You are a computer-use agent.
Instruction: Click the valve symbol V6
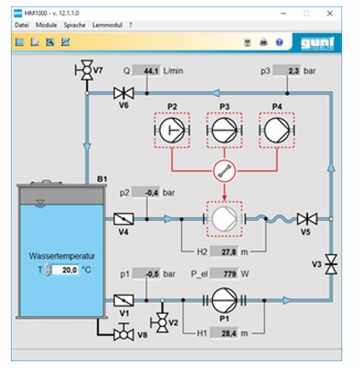124,93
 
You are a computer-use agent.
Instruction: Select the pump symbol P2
172,130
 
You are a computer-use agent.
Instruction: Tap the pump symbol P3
225,130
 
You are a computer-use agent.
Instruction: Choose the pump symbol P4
277,130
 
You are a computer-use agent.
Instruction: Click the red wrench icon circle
225,171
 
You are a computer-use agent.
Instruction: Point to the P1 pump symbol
225,300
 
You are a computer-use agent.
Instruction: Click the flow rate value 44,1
146,71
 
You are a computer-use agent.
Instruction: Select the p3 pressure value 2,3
287,71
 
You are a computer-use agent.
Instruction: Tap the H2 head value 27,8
225,252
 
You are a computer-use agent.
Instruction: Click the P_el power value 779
225,274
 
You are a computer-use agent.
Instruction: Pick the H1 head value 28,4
225,333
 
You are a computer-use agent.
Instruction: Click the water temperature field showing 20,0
65,270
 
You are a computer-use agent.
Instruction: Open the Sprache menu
74,25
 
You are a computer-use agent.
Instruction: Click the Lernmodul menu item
107,25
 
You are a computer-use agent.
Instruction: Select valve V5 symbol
307,219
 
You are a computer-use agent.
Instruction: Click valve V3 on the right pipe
331,264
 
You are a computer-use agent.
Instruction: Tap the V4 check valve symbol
124,219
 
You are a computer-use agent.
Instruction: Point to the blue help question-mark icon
279,42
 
